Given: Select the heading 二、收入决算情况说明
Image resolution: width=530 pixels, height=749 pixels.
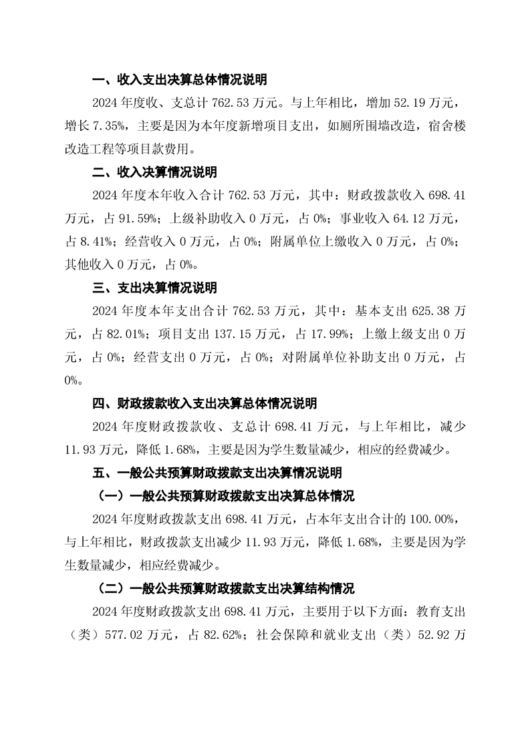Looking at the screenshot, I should (154, 172).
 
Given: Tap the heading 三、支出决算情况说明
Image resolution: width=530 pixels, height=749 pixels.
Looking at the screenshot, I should (154, 288).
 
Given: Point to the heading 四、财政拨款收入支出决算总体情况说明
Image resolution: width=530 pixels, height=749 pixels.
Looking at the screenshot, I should (205, 403).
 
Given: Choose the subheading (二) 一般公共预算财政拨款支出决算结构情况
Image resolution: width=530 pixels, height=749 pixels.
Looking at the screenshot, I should (223, 589).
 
